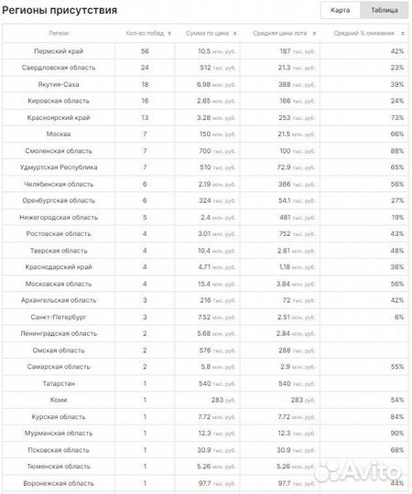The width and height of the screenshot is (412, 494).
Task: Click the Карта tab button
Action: point(340,10)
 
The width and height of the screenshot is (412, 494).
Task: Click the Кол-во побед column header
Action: point(145,34)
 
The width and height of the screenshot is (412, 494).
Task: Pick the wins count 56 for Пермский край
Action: point(145,51)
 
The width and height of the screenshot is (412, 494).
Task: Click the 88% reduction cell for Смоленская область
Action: point(397,151)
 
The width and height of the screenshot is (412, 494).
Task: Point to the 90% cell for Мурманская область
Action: point(397,433)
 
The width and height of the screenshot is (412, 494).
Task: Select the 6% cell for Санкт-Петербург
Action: point(399,317)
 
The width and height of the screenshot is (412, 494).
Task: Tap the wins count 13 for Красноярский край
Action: point(145,118)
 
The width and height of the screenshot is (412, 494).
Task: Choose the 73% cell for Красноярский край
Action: point(397,118)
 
